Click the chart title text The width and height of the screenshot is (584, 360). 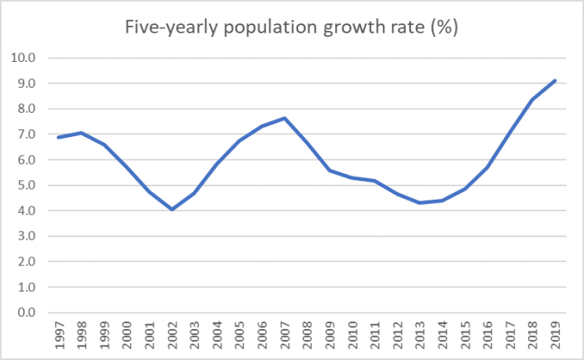292,27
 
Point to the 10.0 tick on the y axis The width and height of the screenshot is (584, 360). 24,58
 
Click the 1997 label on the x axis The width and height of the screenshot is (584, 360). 58,337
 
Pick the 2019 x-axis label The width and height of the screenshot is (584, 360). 556,337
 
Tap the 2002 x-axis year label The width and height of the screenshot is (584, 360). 171,337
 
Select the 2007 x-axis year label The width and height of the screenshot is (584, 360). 284,337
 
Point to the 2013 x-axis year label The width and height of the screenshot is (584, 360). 420,337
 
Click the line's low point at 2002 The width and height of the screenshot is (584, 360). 171,210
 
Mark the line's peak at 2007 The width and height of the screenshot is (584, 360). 284,118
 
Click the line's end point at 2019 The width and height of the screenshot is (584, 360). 556,81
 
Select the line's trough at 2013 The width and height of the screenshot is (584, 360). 420,203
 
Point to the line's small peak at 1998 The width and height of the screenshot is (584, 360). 81,133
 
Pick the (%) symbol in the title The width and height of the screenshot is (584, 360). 448,27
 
